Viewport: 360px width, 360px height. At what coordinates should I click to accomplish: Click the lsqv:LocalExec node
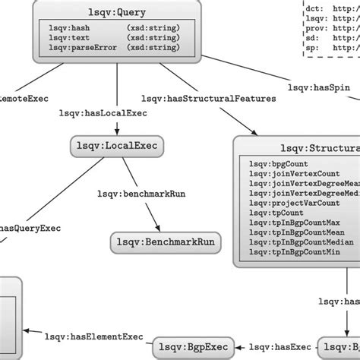click(118, 145)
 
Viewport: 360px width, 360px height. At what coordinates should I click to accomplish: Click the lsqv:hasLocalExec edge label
click(107, 113)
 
